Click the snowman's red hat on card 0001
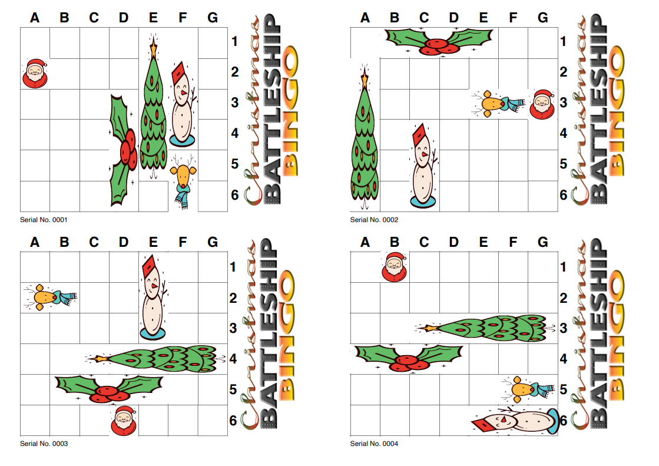tap(181, 75)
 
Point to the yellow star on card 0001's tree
tap(154, 47)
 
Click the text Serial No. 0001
tap(44, 220)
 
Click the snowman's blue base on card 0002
tap(424, 201)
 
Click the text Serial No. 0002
tap(374, 220)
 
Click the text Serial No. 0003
tap(44, 444)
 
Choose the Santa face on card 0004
tap(395, 266)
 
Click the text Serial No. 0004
tap(374, 444)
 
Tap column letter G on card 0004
tap(542, 242)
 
